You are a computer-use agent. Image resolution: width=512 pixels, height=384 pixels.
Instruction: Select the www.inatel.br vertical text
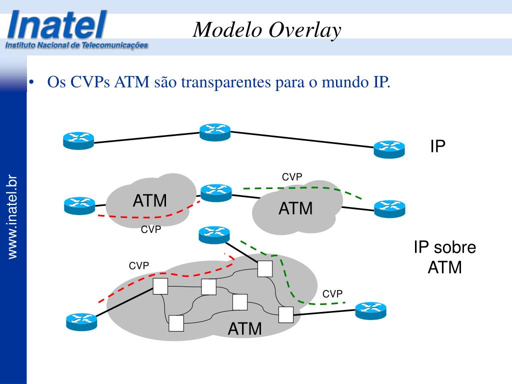[x=12, y=217]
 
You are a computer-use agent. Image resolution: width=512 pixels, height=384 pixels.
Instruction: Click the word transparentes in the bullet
[x=226, y=81]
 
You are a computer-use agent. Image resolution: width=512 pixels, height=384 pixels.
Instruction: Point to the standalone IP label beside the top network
[x=437, y=146]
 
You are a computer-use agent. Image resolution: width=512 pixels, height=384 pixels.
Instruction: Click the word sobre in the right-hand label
[x=458, y=247]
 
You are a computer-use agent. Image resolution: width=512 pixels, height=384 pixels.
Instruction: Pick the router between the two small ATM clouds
[x=216, y=192]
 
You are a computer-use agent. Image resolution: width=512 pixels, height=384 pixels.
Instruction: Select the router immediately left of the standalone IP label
[x=389, y=149]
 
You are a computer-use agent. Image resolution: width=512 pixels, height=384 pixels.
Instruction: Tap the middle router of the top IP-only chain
[x=215, y=132]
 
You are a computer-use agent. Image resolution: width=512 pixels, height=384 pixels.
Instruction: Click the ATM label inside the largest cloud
[x=244, y=328]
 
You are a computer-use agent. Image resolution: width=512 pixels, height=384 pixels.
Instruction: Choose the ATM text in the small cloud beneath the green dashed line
[x=295, y=208]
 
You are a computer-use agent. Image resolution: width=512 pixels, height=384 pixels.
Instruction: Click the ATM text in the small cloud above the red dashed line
[x=150, y=200]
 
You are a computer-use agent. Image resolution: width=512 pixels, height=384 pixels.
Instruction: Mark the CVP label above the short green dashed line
[x=292, y=177]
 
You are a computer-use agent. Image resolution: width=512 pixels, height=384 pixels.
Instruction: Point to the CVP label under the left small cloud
[x=151, y=229]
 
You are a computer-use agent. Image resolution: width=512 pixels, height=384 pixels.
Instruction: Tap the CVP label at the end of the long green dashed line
[x=332, y=294]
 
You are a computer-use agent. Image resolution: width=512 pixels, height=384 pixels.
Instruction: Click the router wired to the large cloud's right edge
[x=371, y=310]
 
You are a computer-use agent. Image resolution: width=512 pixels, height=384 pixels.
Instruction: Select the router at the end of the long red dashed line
[x=81, y=322]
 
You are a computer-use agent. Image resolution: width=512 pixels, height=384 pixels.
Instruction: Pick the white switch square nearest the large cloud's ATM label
[x=240, y=302]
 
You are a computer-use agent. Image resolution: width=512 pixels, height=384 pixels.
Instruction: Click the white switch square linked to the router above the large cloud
[x=265, y=268]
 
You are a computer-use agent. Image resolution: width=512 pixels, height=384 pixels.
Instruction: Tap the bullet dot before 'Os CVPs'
[x=31, y=82]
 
